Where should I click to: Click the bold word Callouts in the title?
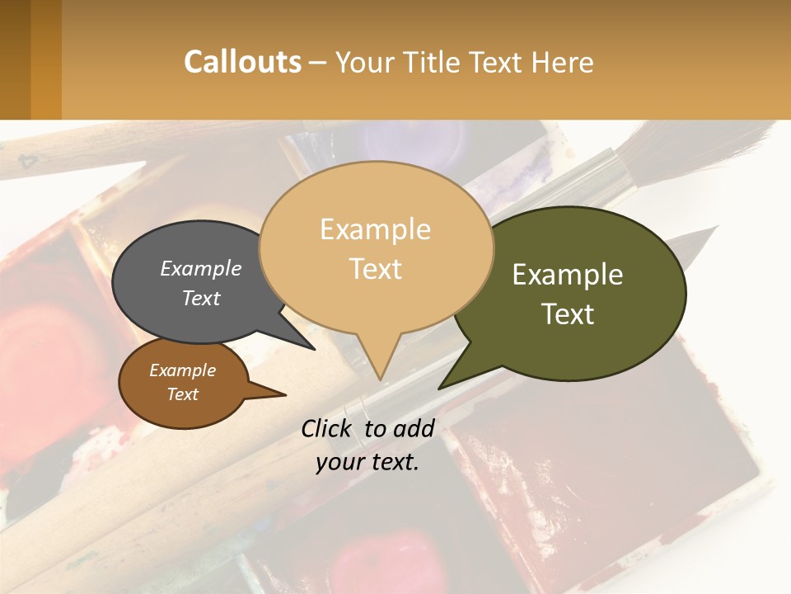tap(242, 62)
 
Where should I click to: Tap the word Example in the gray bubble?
tap(201, 268)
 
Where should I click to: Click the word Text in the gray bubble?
tap(201, 298)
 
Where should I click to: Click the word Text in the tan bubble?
tap(376, 269)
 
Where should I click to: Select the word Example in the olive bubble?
tap(568, 274)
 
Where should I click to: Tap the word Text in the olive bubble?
tap(568, 313)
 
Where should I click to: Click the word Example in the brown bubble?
tap(182, 370)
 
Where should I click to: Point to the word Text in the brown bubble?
tap(182, 394)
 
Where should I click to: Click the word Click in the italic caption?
tap(330, 428)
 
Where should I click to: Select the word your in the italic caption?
tap(339, 462)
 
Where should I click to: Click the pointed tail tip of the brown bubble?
tap(285, 395)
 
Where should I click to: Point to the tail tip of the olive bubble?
tap(439, 388)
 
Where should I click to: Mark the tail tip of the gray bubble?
tap(315, 349)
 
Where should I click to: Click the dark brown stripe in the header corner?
tap(15, 59)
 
